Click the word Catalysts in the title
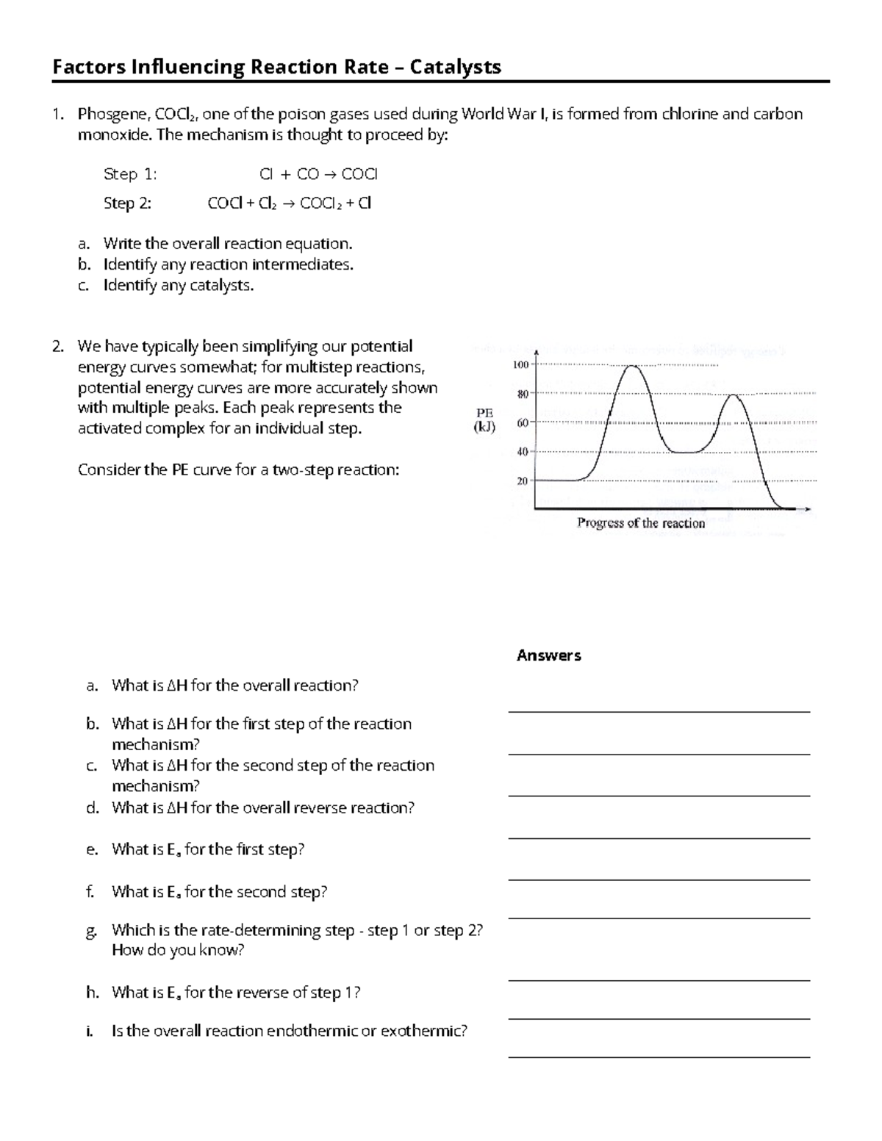456,68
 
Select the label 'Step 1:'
130,174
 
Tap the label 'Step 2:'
127,204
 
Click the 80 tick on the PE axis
522,395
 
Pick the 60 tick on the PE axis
522,423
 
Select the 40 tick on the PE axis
522,452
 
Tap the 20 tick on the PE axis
522,480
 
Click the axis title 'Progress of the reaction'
641,523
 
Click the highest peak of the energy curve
632,366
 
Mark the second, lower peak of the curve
734,395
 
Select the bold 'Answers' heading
548,655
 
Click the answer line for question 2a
659,710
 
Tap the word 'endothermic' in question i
312,1031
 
